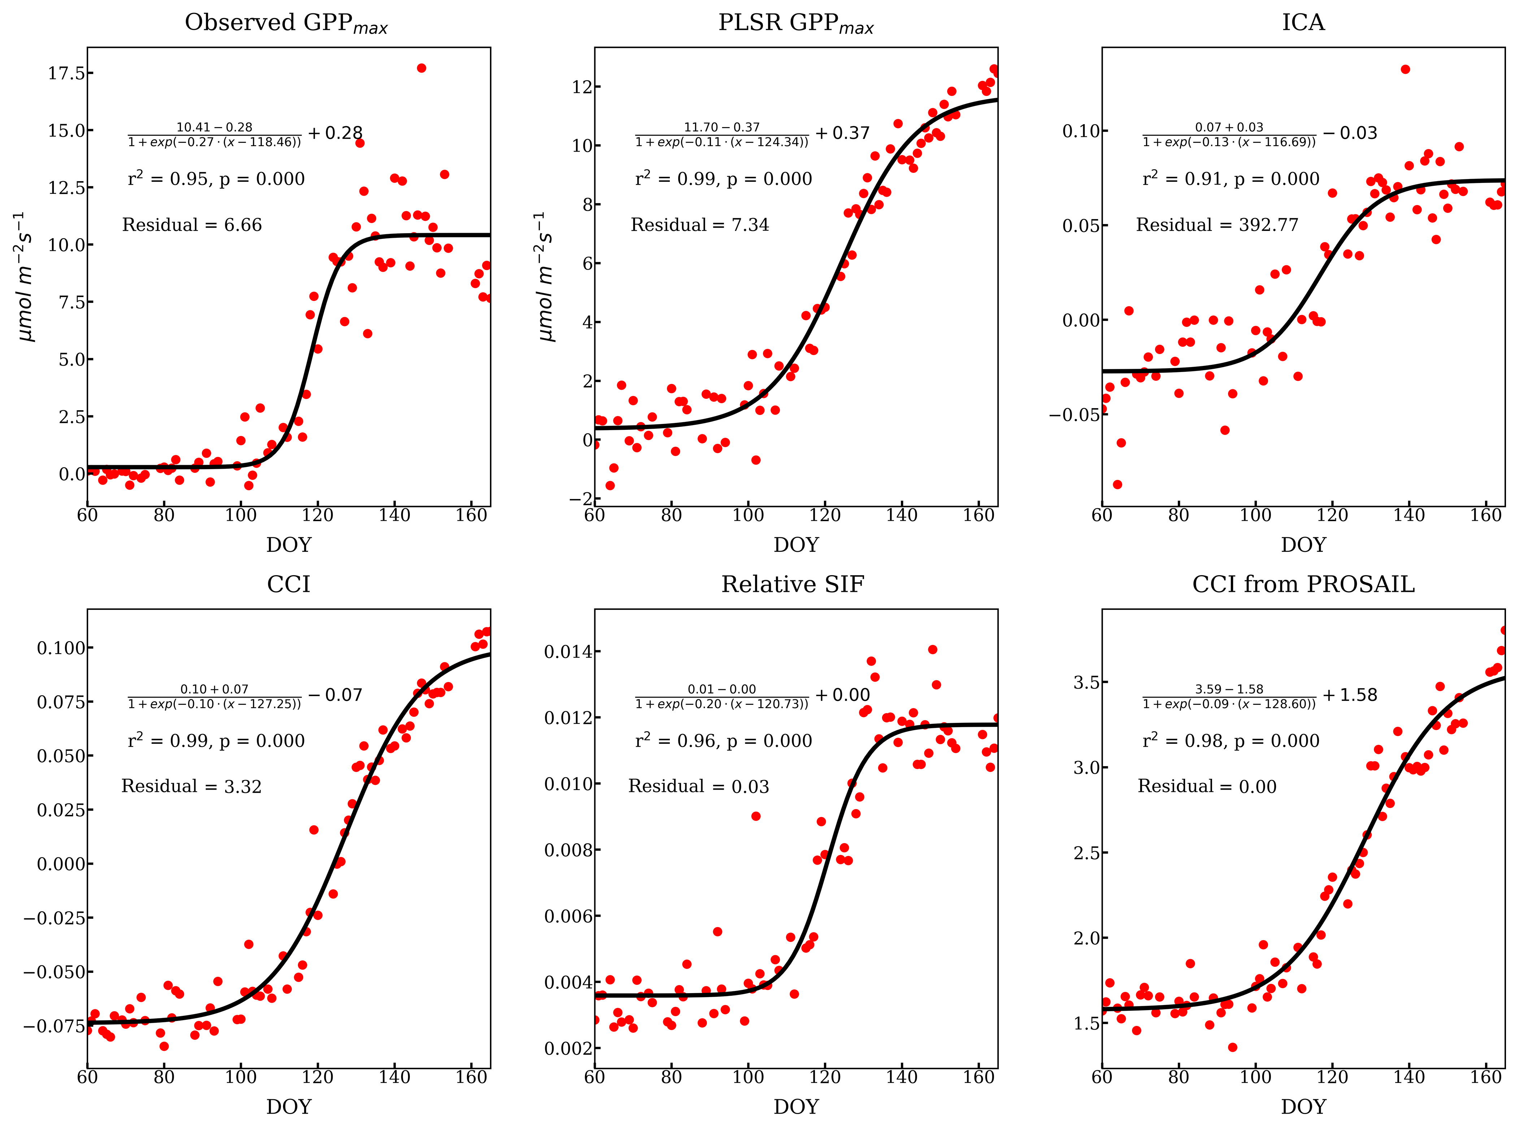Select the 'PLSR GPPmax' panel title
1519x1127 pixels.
pos(796,23)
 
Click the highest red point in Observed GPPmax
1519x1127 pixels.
pos(421,68)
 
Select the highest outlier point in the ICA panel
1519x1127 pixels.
pos(1405,70)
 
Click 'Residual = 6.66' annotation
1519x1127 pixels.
pos(192,225)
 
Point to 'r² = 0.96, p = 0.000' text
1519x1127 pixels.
pos(723,741)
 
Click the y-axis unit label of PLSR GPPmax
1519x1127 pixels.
pos(546,276)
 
